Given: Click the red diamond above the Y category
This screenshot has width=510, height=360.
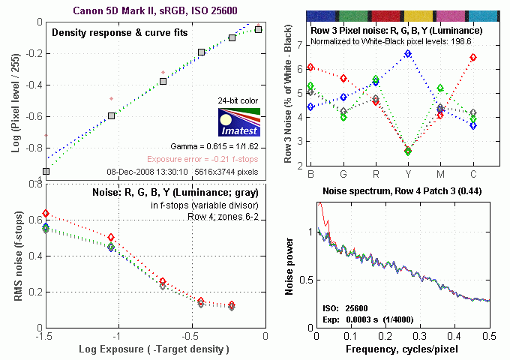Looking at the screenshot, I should (x=407, y=151).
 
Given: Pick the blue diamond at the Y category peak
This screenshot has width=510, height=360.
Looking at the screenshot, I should (x=407, y=54).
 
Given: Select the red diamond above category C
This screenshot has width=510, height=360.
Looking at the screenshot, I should (x=472, y=58).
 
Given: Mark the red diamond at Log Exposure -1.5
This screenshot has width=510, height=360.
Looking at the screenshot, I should (x=46, y=214).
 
